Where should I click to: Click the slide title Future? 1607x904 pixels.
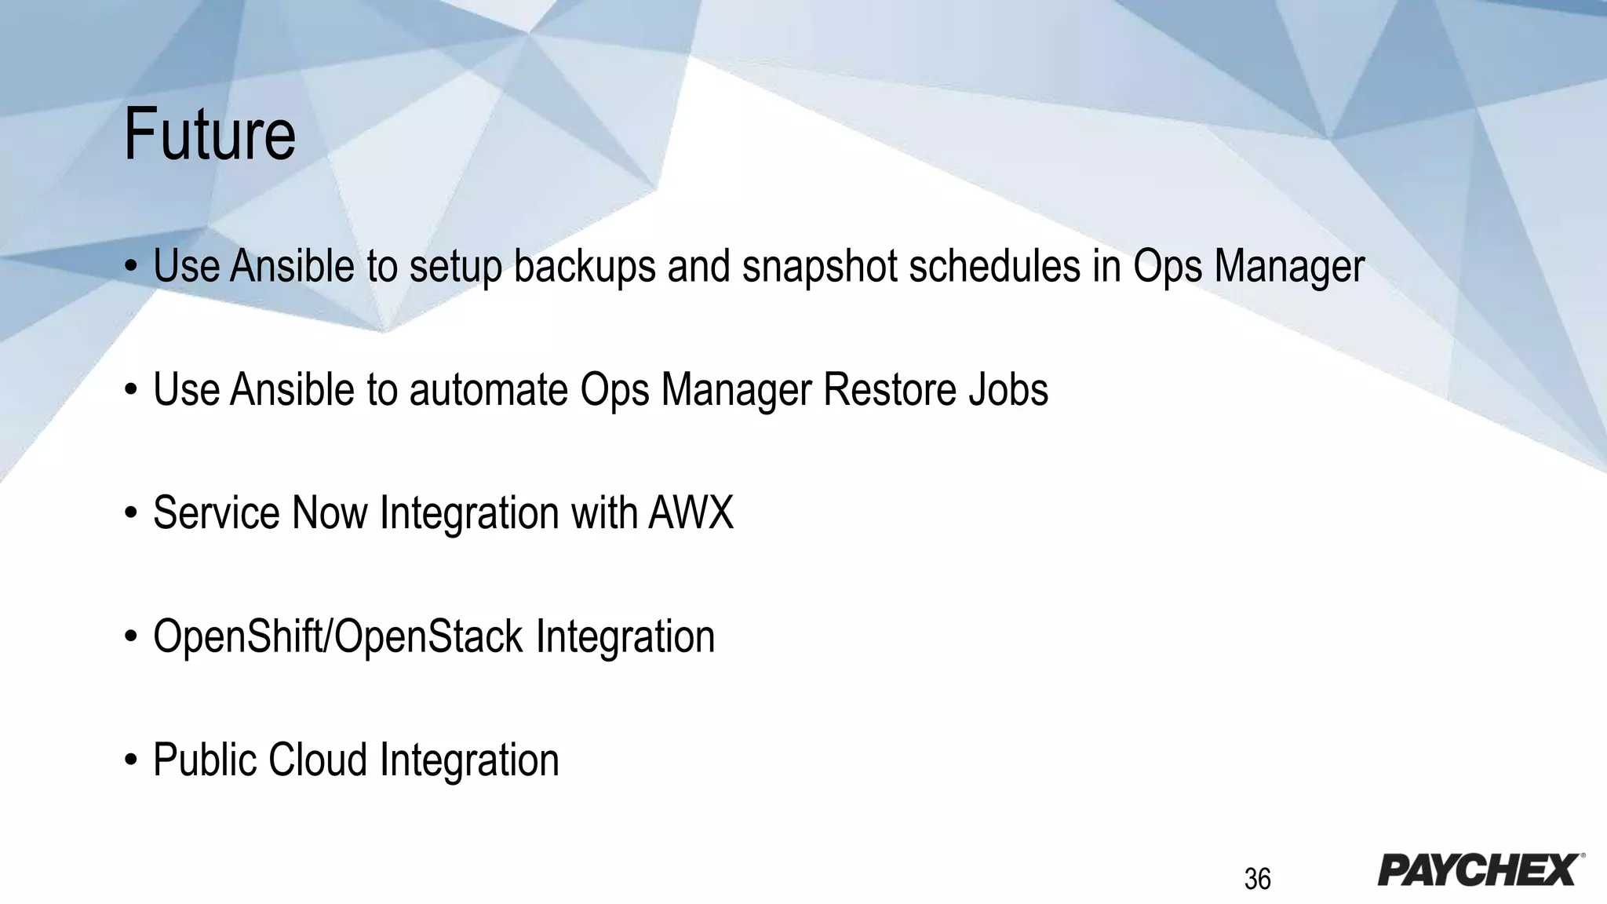[210, 135]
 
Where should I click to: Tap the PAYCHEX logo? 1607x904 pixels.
[1480, 870]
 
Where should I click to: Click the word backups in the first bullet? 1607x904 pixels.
[585, 266]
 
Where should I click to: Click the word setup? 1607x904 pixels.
[455, 266]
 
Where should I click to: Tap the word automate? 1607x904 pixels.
[488, 389]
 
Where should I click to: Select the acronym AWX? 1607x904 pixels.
[691, 513]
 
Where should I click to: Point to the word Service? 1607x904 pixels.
[216, 513]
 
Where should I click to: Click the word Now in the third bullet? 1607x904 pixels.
[330, 513]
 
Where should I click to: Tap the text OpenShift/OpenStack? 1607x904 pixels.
[337, 636]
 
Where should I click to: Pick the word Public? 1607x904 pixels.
[204, 760]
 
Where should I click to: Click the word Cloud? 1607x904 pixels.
[318, 760]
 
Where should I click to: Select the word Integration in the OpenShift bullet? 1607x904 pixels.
[625, 636]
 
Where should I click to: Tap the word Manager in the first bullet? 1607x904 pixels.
[1289, 266]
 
